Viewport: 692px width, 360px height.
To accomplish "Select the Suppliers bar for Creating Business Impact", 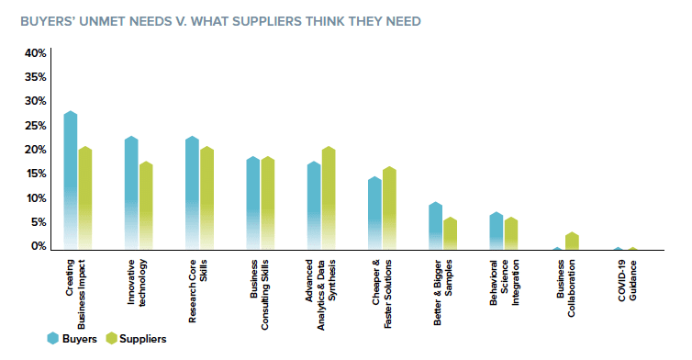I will point(85,198).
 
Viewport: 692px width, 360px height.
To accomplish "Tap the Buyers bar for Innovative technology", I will point(131,193).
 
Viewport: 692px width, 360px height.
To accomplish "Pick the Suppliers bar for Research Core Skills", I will point(207,198).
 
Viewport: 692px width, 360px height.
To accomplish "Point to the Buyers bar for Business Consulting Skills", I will point(253,203).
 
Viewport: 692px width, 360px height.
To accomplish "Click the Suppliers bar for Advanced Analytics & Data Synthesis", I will point(329,198).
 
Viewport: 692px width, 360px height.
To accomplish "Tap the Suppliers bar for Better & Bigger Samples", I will point(450,233).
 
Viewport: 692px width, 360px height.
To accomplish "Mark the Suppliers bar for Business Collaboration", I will point(572,241).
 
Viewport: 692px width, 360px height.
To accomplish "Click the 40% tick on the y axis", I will point(36,53).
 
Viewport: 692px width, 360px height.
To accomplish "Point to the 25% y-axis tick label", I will point(36,126).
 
